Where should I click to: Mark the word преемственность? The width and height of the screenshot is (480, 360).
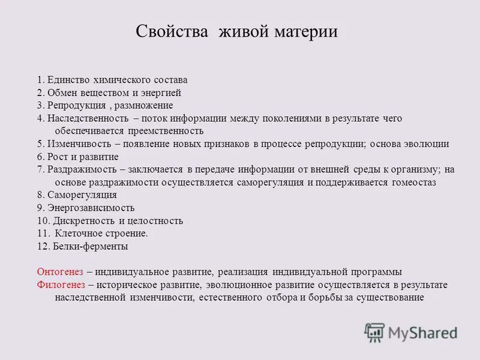point(165,131)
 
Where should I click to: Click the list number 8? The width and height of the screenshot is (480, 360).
point(40,195)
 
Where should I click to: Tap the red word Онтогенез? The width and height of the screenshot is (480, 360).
point(59,271)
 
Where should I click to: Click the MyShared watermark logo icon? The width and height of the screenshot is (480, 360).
point(375,332)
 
